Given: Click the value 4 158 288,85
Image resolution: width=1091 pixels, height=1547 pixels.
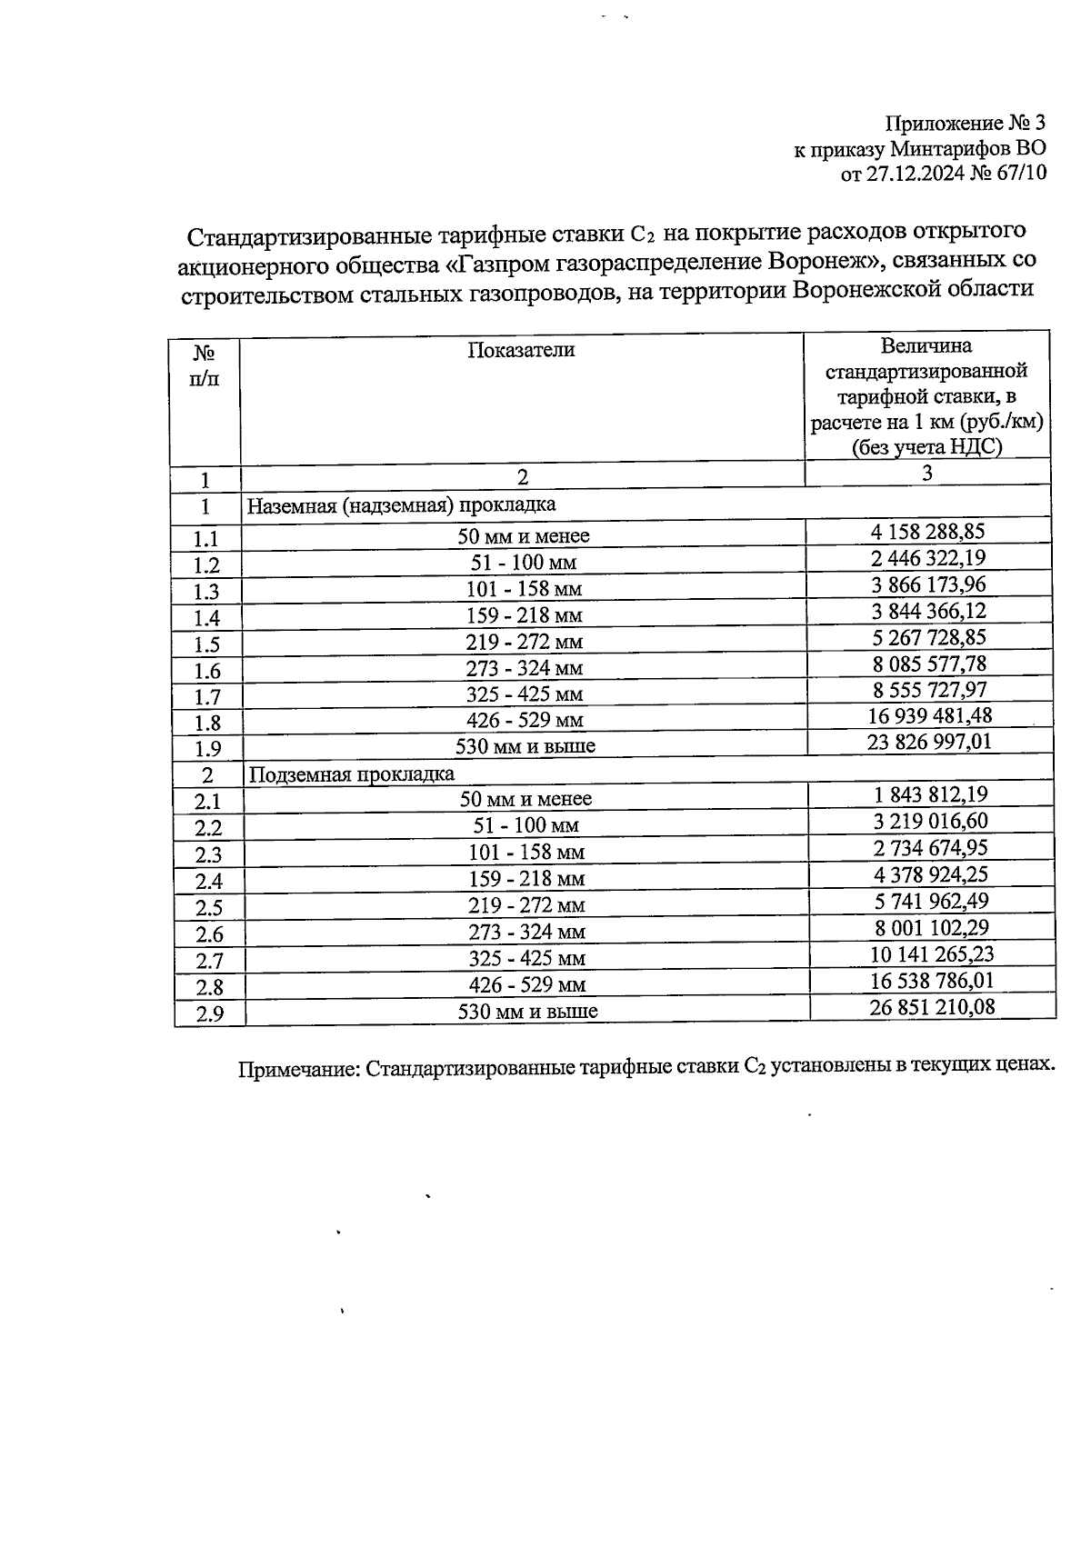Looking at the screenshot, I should [928, 531].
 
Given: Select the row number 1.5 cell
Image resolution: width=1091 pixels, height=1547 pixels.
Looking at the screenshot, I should [206, 644].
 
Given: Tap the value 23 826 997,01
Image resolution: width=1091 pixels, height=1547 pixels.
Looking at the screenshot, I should [928, 742].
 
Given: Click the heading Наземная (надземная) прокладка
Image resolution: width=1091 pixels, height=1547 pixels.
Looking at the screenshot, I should [401, 504].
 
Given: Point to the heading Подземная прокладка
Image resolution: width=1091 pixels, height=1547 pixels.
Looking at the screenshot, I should [351, 774].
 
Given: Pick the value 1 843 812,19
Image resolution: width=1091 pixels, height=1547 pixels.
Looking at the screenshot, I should [930, 794].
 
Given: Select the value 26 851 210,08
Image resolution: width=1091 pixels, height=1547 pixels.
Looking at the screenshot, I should [930, 1005].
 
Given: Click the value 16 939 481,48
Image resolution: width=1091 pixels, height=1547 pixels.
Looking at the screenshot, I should [928, 715].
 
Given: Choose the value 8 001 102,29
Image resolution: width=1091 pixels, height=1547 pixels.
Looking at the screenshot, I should [930, 927].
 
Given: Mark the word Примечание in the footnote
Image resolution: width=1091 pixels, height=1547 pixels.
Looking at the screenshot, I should [297, 1070].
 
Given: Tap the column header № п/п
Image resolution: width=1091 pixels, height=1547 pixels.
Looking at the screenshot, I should [205, 364].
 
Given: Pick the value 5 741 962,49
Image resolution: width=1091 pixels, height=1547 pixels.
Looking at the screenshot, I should [930, 901].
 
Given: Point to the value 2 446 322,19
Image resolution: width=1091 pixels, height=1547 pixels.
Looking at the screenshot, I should [928, 557].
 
